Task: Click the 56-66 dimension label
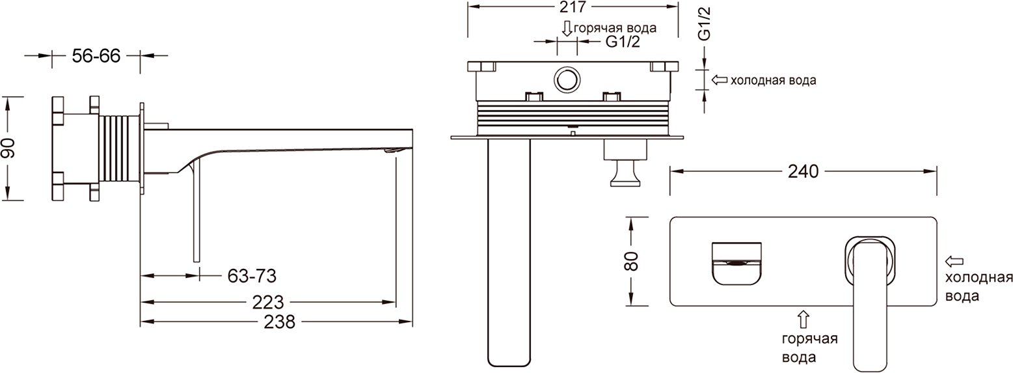(96, 56)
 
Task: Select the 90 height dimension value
(8, 148)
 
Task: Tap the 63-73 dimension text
(252, 275)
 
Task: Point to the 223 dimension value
(268, 302)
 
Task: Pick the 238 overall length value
(280, 322)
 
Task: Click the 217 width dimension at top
(573, 7)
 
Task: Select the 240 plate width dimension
(803, 172)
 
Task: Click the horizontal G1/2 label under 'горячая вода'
(623, 42)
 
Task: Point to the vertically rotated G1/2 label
(705, 24)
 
